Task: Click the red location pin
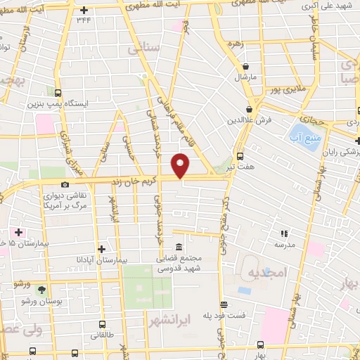point(181,165)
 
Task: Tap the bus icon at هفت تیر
point(240,156)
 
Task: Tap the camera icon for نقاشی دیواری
point(65,184)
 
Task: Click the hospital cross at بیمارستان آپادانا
point(103,248)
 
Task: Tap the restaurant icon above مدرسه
point(285,233)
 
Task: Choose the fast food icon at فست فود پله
point(224,304)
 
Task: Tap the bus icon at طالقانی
point(103,325)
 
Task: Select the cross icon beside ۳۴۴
point(84,11)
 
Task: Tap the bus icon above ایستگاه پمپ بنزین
point(57,92)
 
